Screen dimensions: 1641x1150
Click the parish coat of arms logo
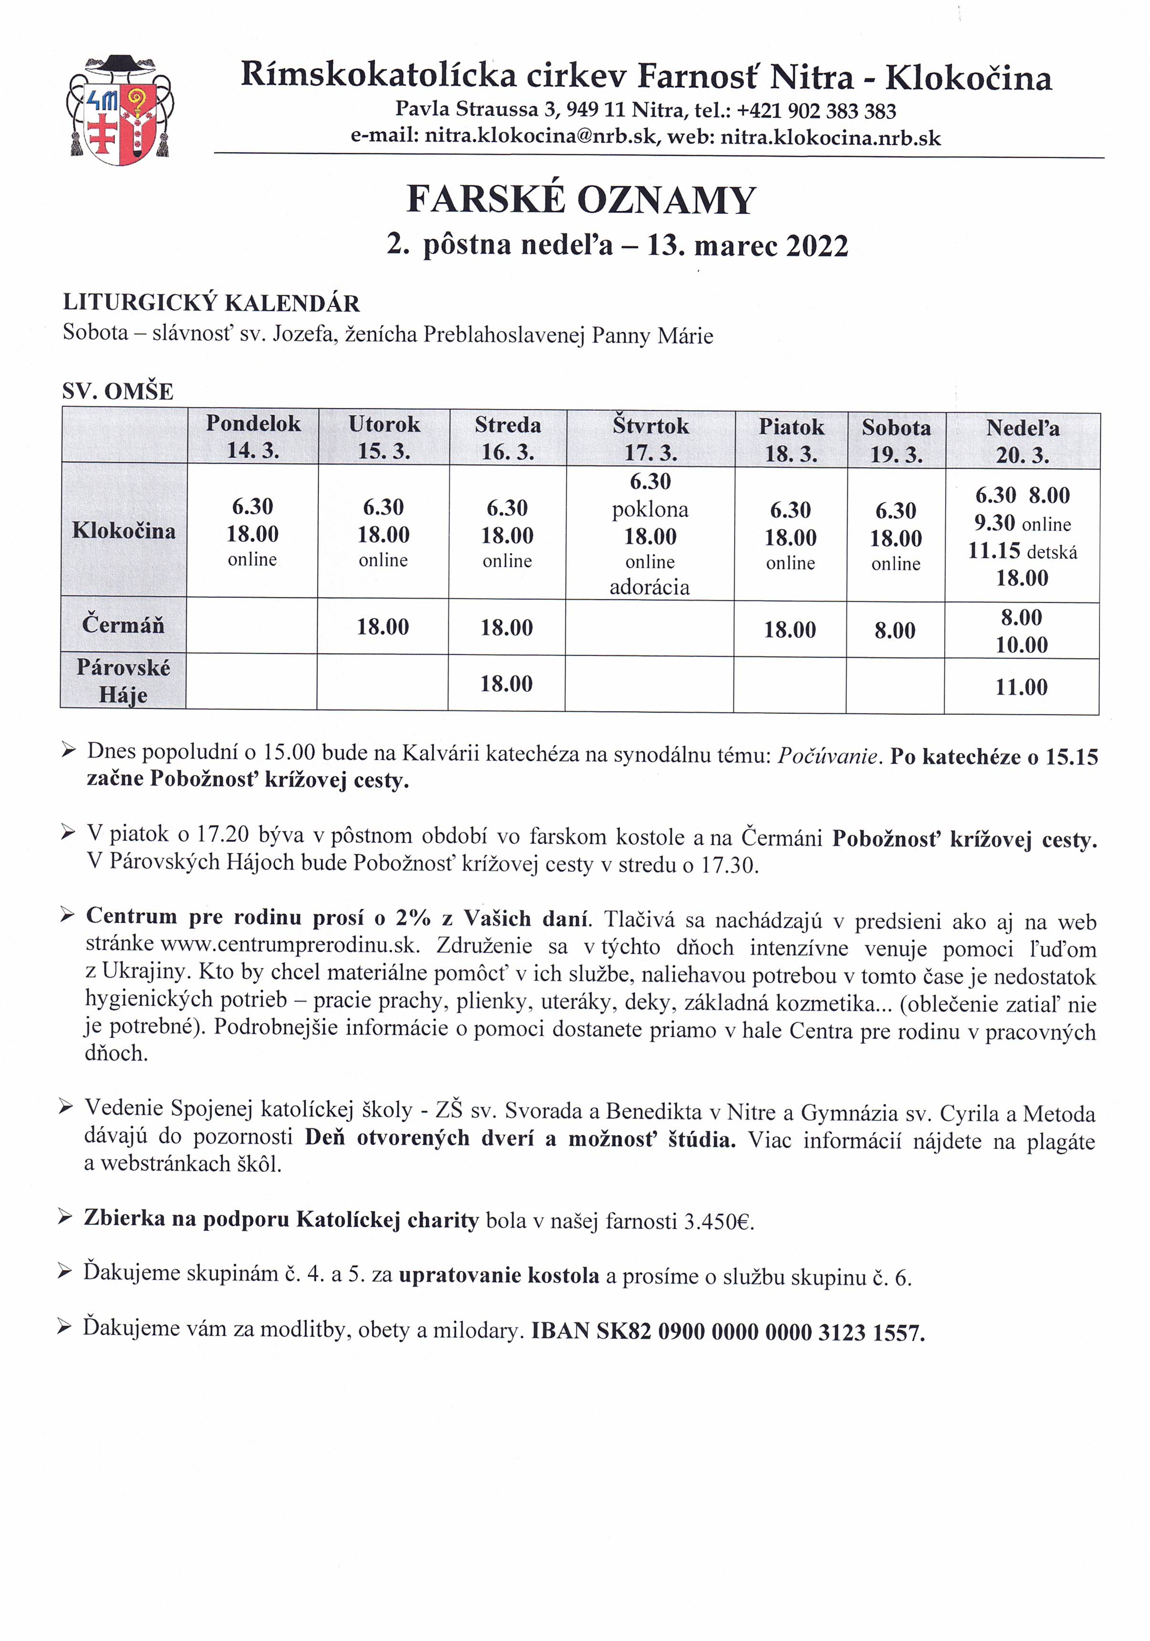tap(120, 109)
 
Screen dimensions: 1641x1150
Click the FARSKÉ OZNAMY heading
tap(580, 200)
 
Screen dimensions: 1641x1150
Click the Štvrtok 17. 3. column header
tap(650, 439)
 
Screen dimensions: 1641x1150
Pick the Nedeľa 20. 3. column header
tap(1022, 442)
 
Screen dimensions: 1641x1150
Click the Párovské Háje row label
tap(123, 681)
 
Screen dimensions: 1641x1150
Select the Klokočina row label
tap(124, 530)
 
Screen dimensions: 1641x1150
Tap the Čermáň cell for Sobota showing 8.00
tap(895, 630)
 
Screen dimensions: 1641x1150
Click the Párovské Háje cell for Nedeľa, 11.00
tap(1022, 688)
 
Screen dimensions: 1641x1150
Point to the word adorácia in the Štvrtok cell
tap(649, 587)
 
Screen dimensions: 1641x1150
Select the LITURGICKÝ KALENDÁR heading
tap(211, 303)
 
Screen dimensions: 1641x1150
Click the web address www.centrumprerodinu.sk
tap(287, 944)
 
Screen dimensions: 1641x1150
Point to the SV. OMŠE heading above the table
tap(118, 392)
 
